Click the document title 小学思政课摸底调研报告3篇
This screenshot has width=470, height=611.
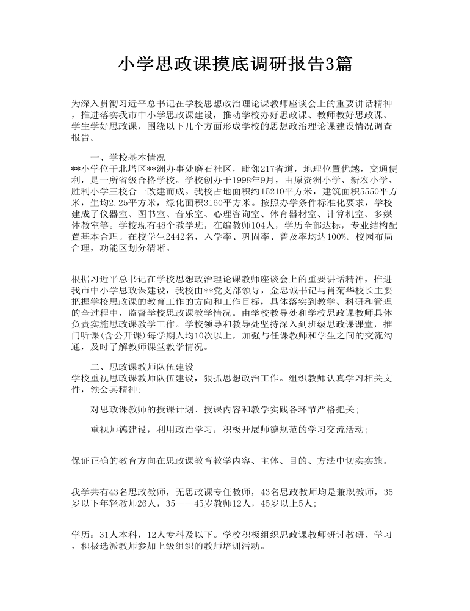click(234, 64)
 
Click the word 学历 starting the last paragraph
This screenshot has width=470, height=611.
click(81, 534)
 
